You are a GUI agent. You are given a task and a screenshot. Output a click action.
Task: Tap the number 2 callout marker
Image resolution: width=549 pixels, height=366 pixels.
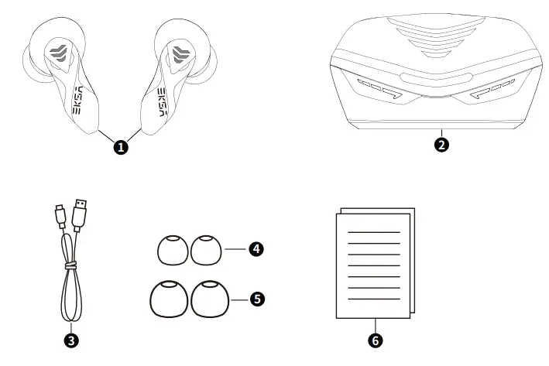tap(442, 144)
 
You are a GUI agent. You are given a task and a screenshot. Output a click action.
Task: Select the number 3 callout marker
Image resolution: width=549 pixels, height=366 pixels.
tap(70, 338)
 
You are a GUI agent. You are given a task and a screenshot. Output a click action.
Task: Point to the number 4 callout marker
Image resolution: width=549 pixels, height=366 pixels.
tap(255, 249)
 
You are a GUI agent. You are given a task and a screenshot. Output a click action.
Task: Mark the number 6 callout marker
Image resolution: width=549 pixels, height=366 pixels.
tap(376, 338)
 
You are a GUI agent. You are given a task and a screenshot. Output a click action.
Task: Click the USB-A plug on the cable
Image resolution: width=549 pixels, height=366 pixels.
tap(80, 214)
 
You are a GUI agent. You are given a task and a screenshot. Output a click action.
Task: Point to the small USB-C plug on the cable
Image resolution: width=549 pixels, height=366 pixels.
tap(60, 216)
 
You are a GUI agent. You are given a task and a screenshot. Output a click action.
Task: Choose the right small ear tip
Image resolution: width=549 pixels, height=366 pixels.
tap(206, 249)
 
